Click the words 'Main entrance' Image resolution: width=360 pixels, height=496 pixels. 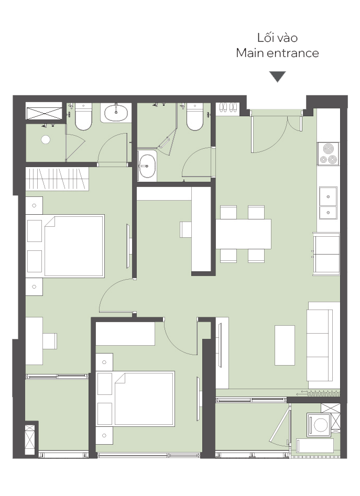tap(277, 53)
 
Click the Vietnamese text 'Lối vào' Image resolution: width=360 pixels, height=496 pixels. tap(277, 38)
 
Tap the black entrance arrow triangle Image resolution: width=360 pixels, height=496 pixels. tap(278, 76)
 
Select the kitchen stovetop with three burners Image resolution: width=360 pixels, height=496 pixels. tap(328, 154)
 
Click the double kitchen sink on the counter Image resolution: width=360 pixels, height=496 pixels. tap(328, 203)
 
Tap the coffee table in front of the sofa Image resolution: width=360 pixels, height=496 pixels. tap(285, 345)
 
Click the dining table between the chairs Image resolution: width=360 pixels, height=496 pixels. tap(243, 234)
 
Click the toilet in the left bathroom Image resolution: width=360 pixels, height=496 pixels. tap(83, 117)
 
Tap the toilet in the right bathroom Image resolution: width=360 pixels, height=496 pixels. tap(195, 117)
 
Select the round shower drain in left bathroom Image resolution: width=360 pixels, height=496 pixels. tap(46, 139)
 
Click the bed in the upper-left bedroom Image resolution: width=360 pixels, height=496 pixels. tap(74, 246)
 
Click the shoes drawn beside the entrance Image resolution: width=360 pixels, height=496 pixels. tap(228, 107)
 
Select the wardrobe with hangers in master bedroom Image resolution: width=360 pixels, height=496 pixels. tap(57, 179)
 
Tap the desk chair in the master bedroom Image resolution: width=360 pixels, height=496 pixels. tap(50, 341)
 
